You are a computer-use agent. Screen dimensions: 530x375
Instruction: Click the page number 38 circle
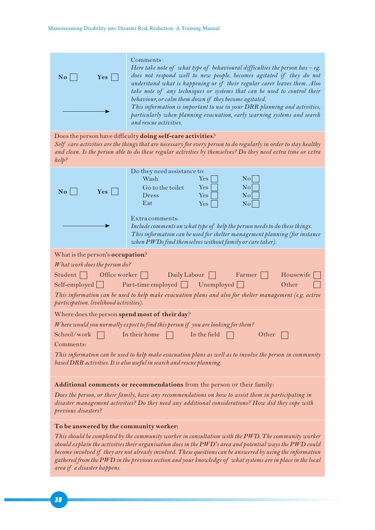tap(59, 499)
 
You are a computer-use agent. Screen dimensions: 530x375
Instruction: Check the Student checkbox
tap(83, 275)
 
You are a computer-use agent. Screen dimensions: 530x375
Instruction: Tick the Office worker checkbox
tap(144, 275)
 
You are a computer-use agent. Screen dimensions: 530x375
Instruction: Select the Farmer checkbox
tap(264, 275)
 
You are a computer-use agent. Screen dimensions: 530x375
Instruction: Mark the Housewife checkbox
tap(317, 275)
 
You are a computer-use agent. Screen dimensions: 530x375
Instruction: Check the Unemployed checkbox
tap(240, 284)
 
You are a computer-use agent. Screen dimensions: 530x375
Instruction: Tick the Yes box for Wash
tap(215, 179)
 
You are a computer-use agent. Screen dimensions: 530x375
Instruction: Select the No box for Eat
tap(256, 204)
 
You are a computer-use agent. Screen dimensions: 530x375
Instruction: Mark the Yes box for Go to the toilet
tap(215, 187)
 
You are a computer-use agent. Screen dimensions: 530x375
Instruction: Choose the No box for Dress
tap(256, 195)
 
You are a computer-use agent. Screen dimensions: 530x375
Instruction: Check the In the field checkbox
tap(230, 335)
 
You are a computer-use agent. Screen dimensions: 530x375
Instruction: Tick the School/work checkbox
tap(101, 335)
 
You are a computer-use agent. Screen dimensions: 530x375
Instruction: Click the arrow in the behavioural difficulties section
tap(86, 111)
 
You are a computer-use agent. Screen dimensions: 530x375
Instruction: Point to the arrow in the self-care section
tap(86, 226)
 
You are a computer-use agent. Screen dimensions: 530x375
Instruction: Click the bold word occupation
tap(127, 254)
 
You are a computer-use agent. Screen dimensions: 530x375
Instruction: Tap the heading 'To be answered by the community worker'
tap(116, 426)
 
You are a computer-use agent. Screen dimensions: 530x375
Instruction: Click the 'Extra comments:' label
tap(155, 218)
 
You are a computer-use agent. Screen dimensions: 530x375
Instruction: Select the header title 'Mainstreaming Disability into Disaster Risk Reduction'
tap(134, 28)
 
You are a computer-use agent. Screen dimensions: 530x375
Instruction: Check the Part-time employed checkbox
tap(185, 284)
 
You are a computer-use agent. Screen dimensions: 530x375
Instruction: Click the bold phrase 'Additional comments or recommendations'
tap(119, 384)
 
